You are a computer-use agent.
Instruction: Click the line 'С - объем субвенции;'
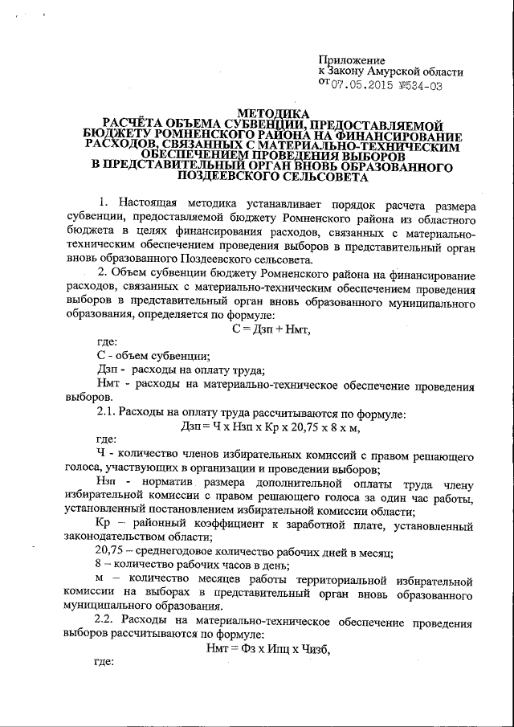(153, 356)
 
